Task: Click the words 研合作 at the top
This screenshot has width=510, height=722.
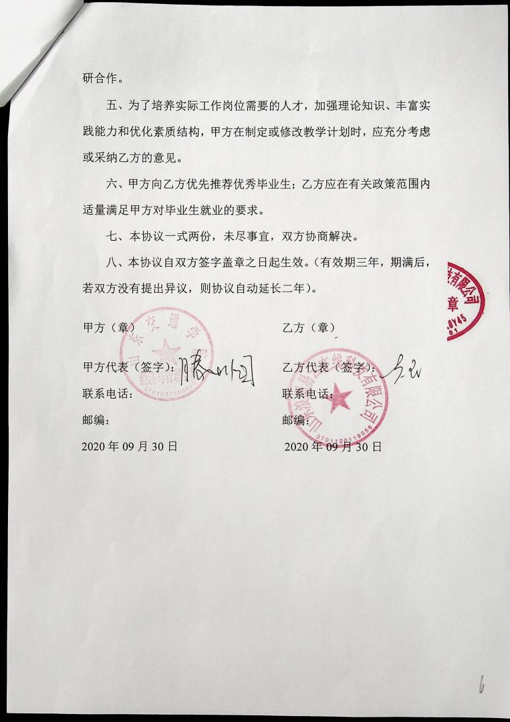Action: [x=102, y=78]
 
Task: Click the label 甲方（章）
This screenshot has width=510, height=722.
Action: [x=108, y=328]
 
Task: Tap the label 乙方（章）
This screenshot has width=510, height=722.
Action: [x=309, y=328]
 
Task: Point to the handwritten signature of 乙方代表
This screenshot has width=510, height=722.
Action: [x=403, y=367]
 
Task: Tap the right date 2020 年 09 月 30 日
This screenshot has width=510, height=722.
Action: [x=333, y=447]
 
